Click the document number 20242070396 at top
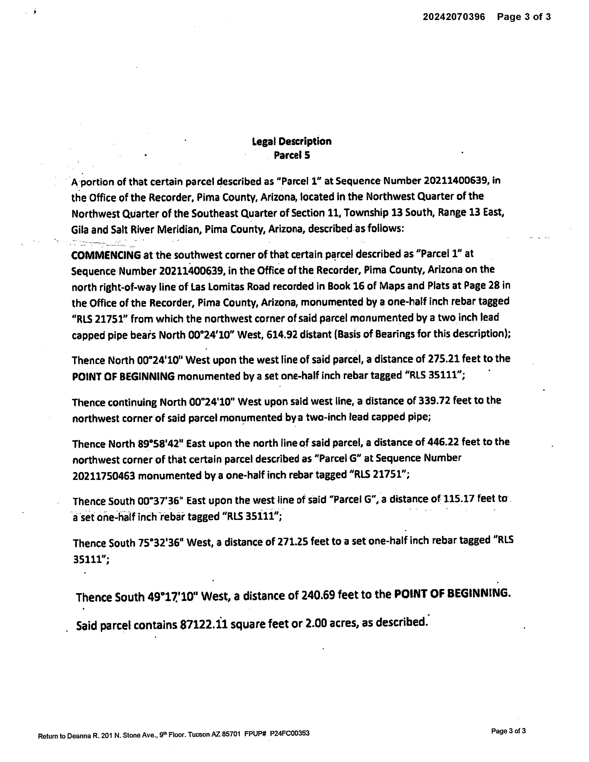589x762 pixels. (x=454, y=17)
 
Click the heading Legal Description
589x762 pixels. (x=292, y=141)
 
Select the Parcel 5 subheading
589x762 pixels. (x=292, y=155)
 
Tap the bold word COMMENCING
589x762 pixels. (x=106, y=255)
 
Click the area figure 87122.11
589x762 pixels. (x=203, y=624)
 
